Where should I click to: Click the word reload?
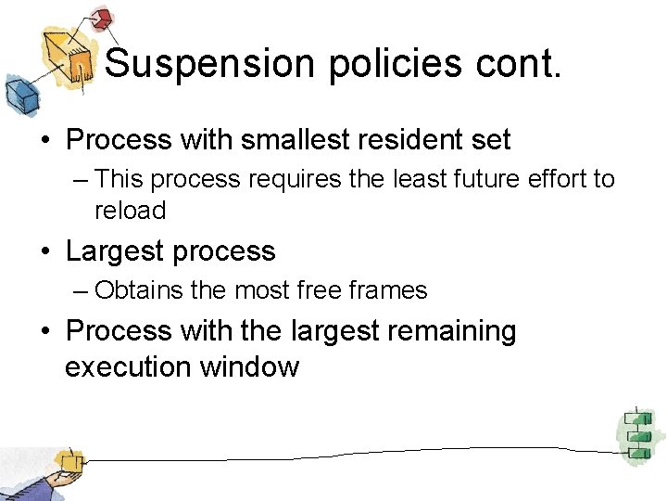[130, 212]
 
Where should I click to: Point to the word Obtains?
[139, 291]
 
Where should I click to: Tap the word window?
[250, 367]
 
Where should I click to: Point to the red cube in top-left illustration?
[102, 18]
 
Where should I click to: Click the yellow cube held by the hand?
[67, 461]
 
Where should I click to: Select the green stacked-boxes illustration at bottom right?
[637, 433]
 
